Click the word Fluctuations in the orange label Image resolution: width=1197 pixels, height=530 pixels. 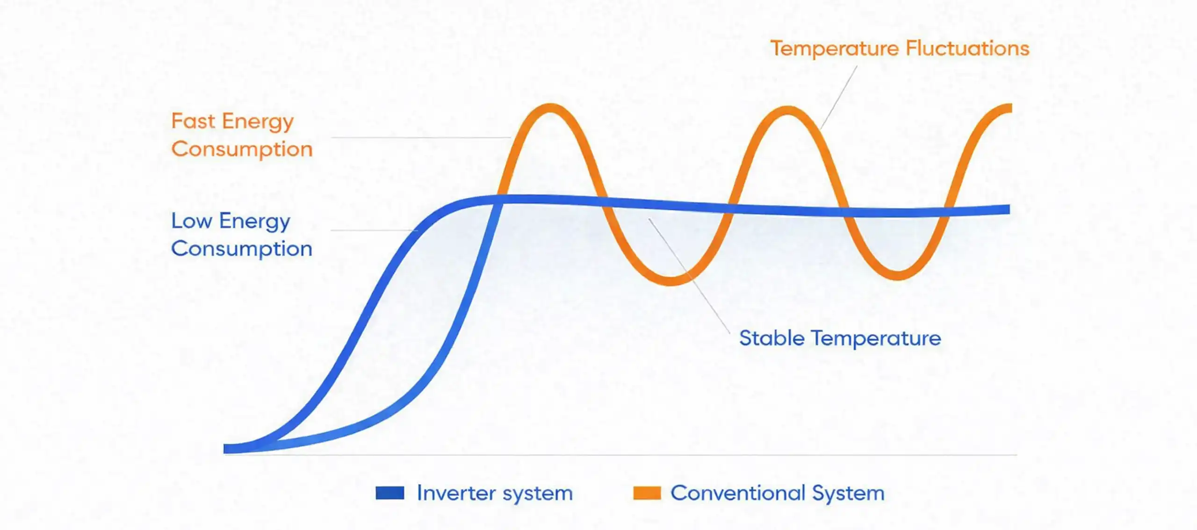(967, 49)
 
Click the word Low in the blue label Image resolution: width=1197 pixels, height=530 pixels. (191, 221)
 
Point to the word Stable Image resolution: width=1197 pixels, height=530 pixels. (772, 338)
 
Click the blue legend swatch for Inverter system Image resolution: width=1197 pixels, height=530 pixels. (389, 493)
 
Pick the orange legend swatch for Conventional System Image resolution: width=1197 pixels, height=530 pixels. (647, 493)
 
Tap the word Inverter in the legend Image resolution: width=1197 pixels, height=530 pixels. (456, 493)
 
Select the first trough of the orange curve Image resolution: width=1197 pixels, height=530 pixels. (671, 280)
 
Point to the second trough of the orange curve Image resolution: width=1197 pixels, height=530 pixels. (898, 276)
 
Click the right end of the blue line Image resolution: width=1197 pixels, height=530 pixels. (1007, 209)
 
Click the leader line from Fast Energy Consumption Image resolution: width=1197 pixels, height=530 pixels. (421, 137)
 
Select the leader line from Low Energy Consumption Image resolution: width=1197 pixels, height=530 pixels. (374, 230)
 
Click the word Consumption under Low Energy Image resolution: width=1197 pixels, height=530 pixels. (242, 249)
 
